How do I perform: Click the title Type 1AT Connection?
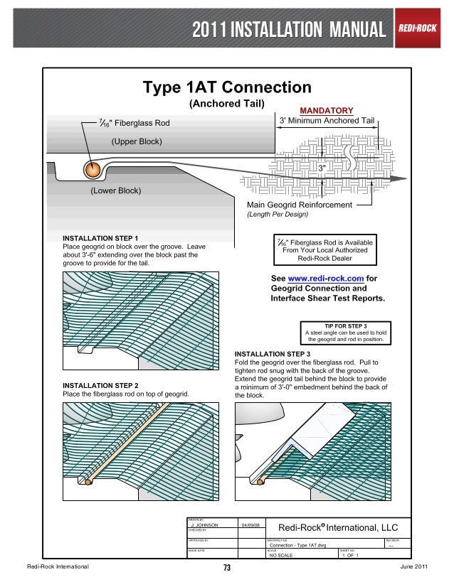click(227, 87)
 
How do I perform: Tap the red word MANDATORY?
click(327, 111)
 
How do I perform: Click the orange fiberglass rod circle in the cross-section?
click(92, 170)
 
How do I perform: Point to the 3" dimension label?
click(322, 168)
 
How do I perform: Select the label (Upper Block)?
click(137, 141)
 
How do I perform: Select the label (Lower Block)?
click(115, 191)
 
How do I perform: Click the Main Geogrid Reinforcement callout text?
click(300, 205)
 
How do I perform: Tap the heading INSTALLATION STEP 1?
click(101, 238)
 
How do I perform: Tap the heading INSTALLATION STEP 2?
click(101, 384)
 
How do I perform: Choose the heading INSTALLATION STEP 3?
click(273, 353)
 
